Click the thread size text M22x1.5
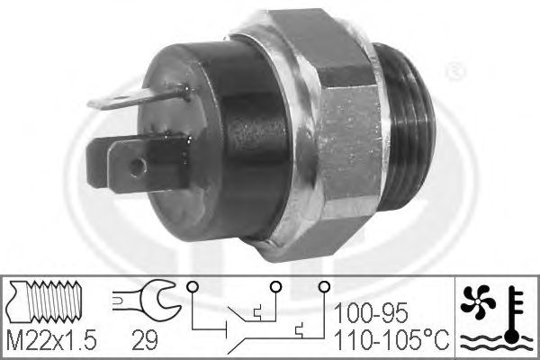pos(51,339)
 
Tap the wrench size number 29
pos(145,339)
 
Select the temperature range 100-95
pos(371,313)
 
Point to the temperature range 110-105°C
pos(391,339)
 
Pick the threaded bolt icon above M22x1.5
pos(46,301)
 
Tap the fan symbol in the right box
pos(478,301)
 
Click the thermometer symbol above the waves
pos(514,314)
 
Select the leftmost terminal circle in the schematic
pos(192,286)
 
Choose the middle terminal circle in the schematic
pos(275,286)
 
